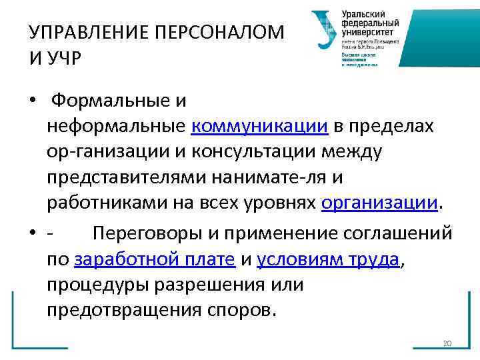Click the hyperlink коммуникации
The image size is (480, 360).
(260, 126)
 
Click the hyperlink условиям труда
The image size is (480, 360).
(328, 260)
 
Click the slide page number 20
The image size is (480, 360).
(447, 343)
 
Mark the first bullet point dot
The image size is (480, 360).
(32, 101)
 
